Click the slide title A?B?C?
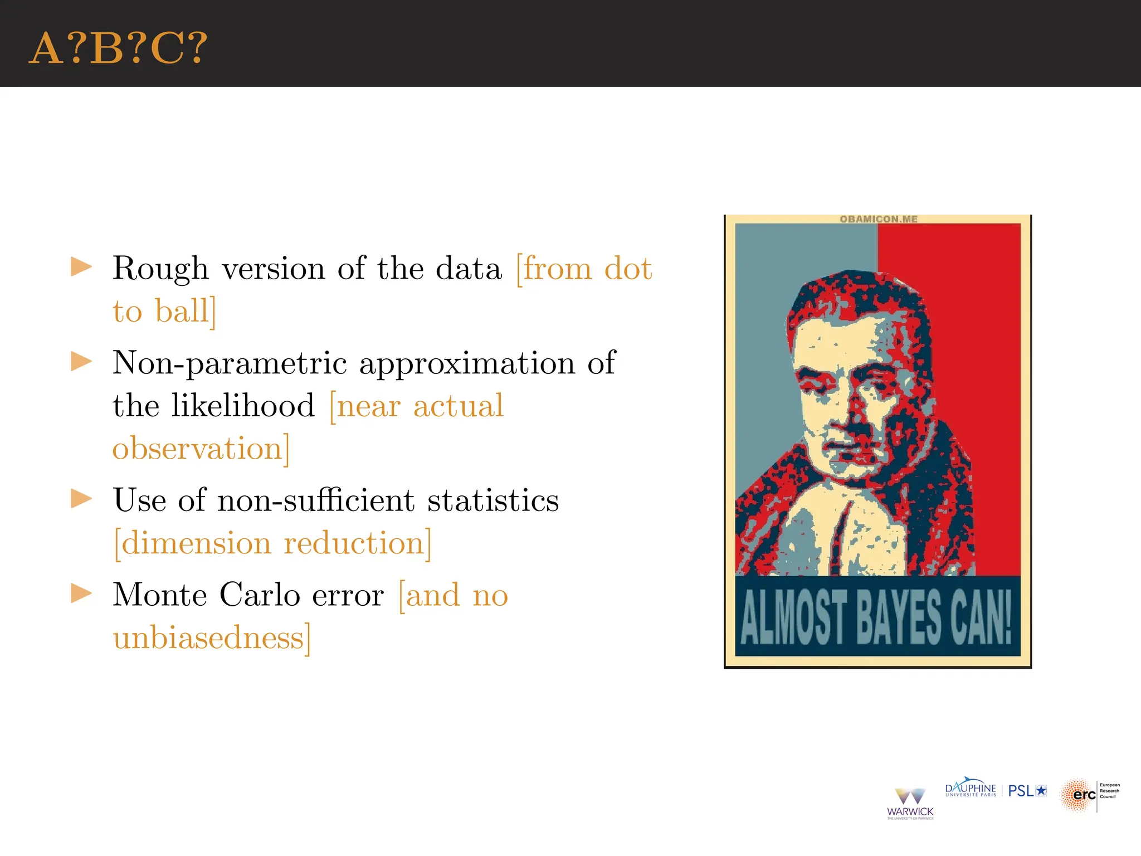(118, 49)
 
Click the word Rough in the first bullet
(160, 269)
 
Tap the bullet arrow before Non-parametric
(81, 362)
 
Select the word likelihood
(243, 406)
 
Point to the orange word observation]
(201, 449)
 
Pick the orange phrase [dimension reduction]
(272, 543)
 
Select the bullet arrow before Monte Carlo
(81, 594)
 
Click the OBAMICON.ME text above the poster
(878, 219)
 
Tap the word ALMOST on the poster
(793, 617)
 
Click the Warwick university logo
(910, 803)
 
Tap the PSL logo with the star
(1027, 791)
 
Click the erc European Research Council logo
(1089, 795)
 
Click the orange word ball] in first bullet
(184, 312)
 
